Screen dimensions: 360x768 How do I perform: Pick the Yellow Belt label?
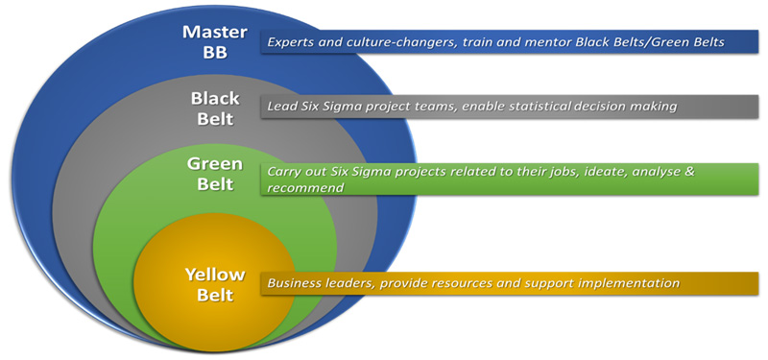tap(209, 285)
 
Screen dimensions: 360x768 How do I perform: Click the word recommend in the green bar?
tap(304, 188)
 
